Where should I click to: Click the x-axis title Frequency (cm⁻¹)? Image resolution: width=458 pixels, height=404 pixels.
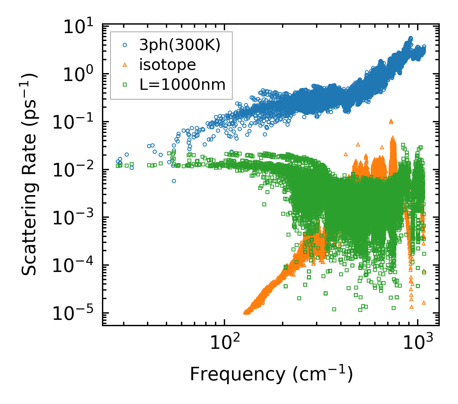tap(271, 374)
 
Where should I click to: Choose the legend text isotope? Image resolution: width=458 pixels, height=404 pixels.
tap(167, 65)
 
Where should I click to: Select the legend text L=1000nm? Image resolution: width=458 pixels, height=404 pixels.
tap(183, 85)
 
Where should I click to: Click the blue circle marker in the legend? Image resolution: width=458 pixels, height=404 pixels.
tap(125, 45)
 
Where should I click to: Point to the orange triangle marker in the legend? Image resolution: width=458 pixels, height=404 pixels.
tap(125, 65)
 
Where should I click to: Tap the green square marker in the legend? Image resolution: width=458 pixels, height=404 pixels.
tap(125, 84)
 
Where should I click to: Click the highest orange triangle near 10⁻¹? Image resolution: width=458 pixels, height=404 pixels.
tap(391, 121)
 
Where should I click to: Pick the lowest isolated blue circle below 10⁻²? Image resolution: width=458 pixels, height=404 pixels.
tap(174, 181)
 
